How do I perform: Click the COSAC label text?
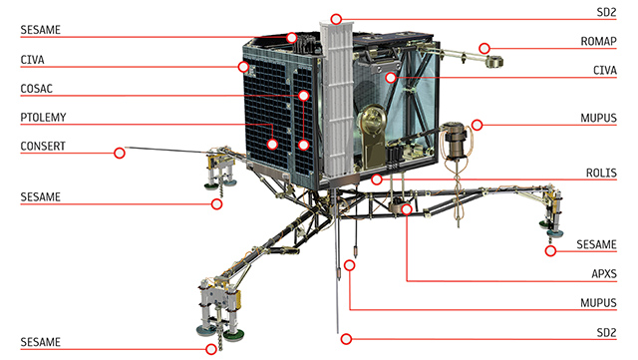pyautogui.click(x=37, y=89)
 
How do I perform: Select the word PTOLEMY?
pyautogui.click(x=43, y=118)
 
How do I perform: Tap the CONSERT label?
pyautogui.click(x=43, y=146)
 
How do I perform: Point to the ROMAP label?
pyautogui.click(x=598, y=41)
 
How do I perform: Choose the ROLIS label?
pyautogui.click(x=601, y=173)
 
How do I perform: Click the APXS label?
pyautogui.click(x=604, y=273)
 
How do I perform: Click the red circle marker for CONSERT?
pyautogui.click(x=120, y=154)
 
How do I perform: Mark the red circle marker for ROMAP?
pyautogui.click(x=484, y=49)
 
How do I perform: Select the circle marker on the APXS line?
pyautogui.click(x=407, y=209)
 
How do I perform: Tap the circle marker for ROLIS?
pyautogui.click(x=377, y=180)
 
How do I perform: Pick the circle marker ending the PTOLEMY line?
pyautogui.click(x=272, y=144)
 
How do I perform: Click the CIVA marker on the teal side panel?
pyautogui.click(x=391, y=78)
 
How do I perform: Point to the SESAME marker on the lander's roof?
pyautogui.click(x=291, y=38)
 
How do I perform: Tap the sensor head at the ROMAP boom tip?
pyautogui.click(x=494, y=62)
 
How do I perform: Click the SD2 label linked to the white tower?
pyautogui.click(x=606, y=12)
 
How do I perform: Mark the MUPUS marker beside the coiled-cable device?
pyautogui.click(x=477, y=125)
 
